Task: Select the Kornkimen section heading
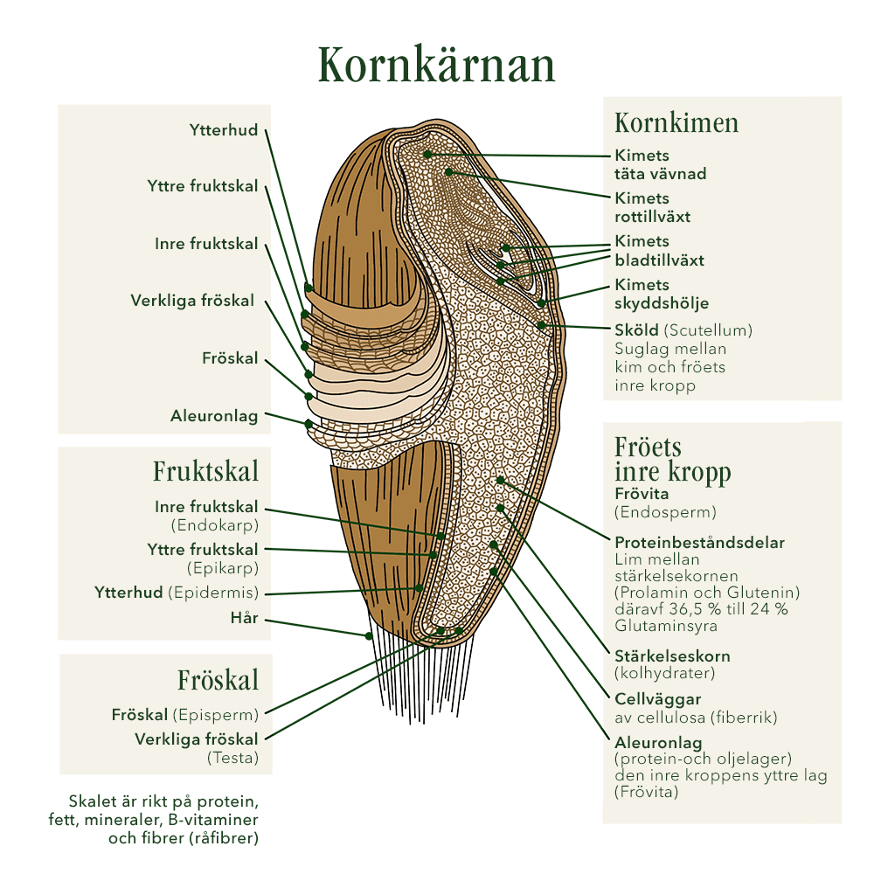pyautogui.click(x=676, y=122)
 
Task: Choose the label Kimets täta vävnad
pyautogui.click(x=660, y=164)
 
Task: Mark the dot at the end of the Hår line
pyautogui.click(x=370, y=635)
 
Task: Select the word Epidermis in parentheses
pyautogui.click(x=213, y=593)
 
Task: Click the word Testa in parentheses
pyautogui.click(x=232, y=757)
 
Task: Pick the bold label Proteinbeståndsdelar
pyautogui.click(x=699, y=542)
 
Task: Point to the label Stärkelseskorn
pyautogui.click(x=672, y=655)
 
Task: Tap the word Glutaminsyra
pyautogui.click(x=663, y=626)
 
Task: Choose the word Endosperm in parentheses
pyautogui.click(x=665, y=512)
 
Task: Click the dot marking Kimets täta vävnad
pyautogui.click(x=427, y=155)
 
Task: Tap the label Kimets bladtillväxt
pyautogui.click(x=659, y=251)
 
